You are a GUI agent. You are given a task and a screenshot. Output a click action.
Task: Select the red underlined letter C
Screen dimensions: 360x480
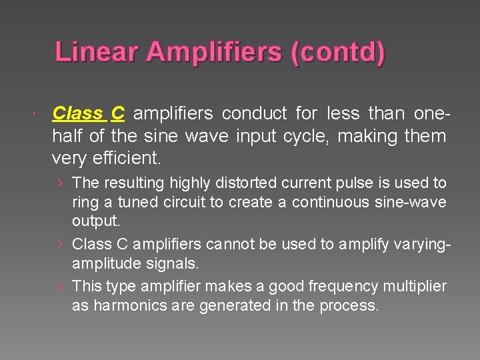coord(117,113)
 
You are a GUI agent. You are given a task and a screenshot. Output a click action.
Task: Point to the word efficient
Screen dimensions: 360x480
coord(128,159)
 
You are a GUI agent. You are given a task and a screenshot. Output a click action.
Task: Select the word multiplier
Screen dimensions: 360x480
coord(413,287)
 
